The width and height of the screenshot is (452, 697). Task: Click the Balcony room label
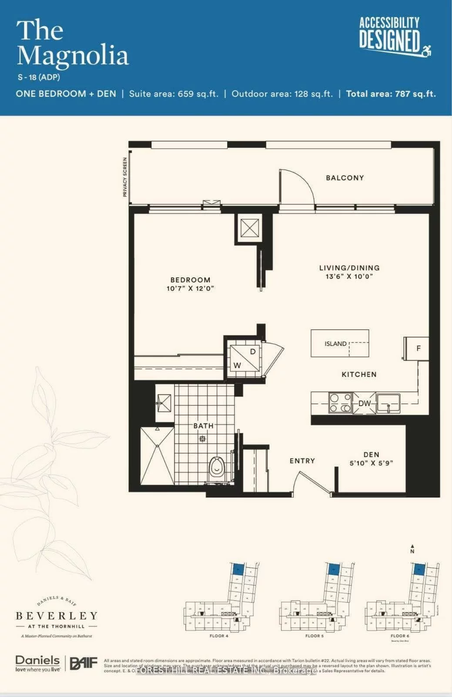pyautogui.click(x=345, y=178)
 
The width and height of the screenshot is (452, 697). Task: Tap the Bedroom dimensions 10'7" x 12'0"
pyautogui.click(x=190, y=288)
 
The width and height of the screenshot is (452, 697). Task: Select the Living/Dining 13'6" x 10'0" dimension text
pyautogui.click(x=349, y=277)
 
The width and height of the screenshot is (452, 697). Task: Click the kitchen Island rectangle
pyautogui.click(x=340, y=343)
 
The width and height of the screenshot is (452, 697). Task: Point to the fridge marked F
pyautogui.click(x=417, y=348)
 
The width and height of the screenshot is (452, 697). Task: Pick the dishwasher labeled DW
pyautogui.click(x=365, y=403)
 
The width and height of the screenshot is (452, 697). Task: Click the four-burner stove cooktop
pyautogui.click(x=340, y=403)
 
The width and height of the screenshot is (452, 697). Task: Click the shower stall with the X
pyautogui.click(x=157, y=456)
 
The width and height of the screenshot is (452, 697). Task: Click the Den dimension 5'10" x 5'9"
pyautogui.click(x=371, y=463)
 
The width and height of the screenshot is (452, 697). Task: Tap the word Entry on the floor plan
pyautogui.click(x=302, y=461)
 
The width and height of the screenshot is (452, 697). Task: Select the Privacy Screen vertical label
pyautogui.click(x=125, y=177)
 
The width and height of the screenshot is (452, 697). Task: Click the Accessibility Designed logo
pyautogui.click(x=394, y=37)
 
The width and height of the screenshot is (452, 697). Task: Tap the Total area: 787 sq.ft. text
pyautogui.click(x=390, y=94)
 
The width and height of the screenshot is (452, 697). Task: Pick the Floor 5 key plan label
pyautogui.click(x=314, y=636)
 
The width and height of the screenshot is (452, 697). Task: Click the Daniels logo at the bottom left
pyautogui.click(x=37, y=663)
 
